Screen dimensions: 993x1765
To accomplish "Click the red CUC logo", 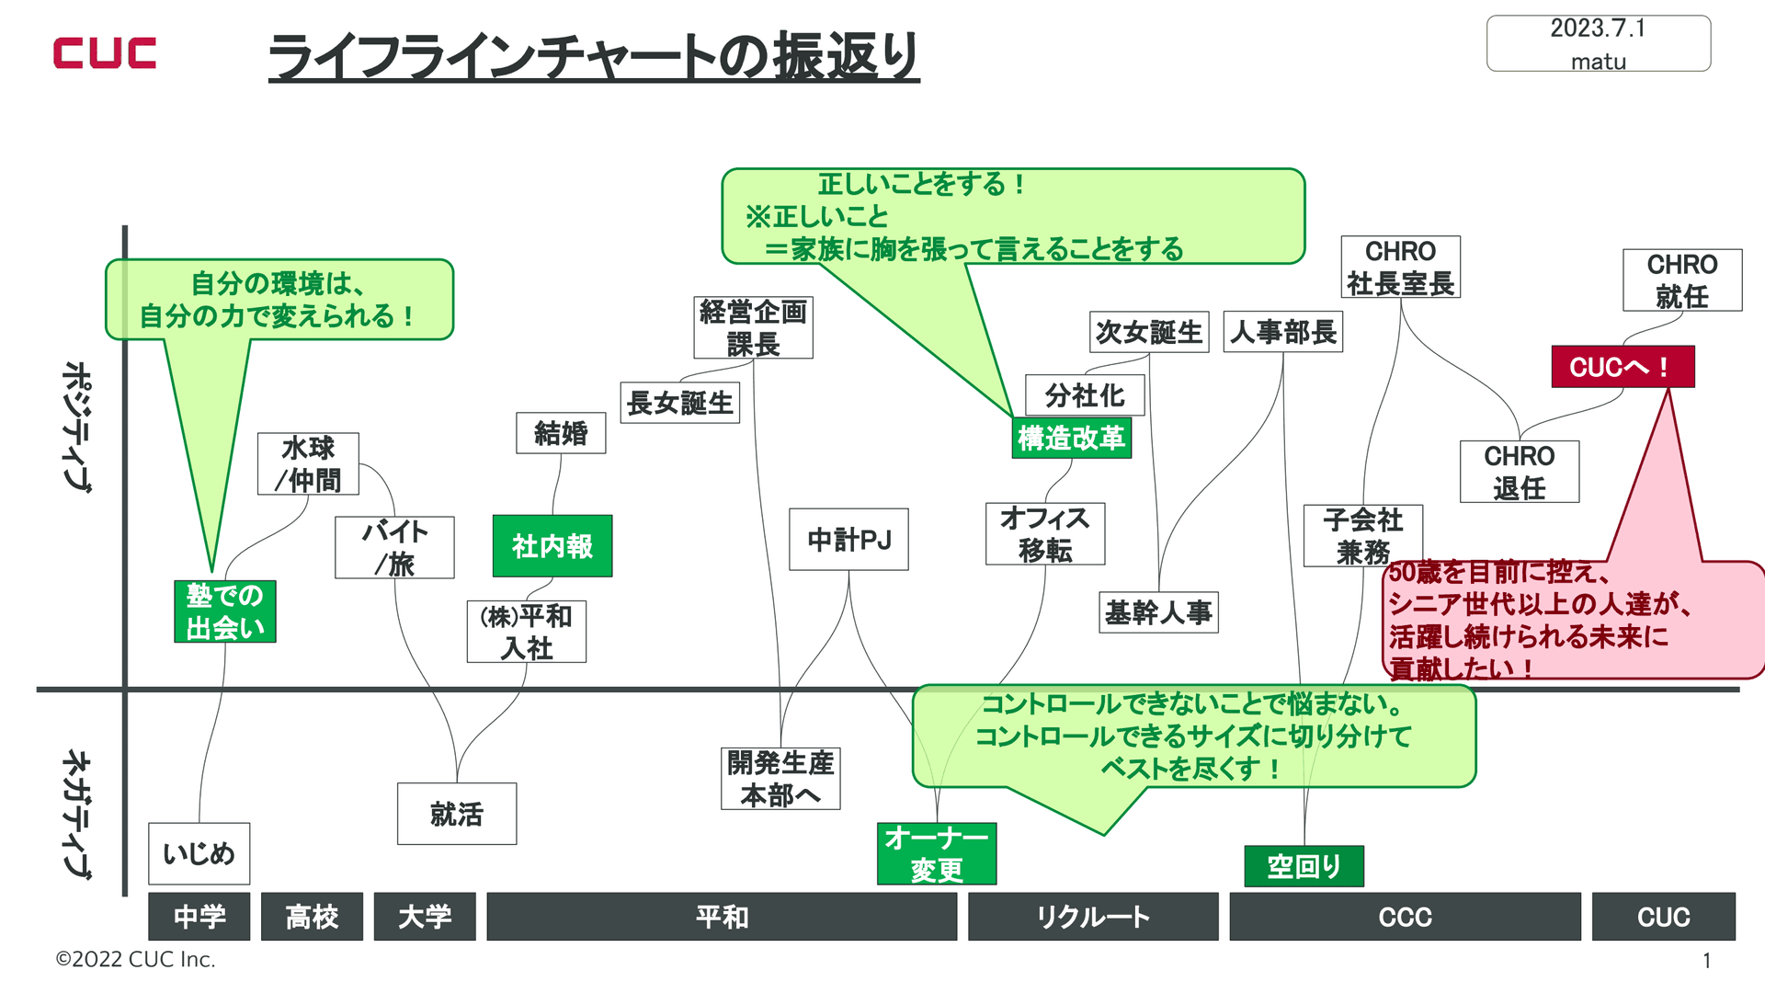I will coord(105,53).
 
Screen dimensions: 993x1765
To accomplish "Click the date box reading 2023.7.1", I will coord(1598,43).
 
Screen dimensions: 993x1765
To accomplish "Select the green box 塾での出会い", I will coord(225,611).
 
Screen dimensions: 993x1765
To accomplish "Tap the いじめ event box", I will coord(199,853).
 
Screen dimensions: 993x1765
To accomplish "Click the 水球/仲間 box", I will coord(308,464).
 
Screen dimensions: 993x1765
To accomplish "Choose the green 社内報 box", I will coord(552,546).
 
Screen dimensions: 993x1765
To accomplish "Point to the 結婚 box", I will coord(561,433).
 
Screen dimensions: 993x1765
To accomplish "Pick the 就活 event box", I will coord(457,814).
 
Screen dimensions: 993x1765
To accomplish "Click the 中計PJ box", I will coord(848,540).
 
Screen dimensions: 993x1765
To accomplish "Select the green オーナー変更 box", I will coord(937,853).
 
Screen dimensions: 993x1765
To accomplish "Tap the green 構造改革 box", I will coord(1071,438).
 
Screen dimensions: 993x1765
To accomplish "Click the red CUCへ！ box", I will coord(1623,367).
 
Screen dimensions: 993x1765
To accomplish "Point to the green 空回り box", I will coord(1304,866).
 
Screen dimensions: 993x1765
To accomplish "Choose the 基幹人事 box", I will coord(1158,612).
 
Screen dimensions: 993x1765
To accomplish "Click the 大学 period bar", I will coord(425,917).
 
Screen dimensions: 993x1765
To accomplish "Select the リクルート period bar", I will coord(1092,917).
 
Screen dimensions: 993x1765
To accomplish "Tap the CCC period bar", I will coord(1405,917).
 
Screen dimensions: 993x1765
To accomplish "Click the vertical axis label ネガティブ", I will coord(77,815).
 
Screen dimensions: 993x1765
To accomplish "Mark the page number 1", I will coord(1706,961).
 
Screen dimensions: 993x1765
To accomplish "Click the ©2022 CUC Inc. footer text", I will coord(136,959).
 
